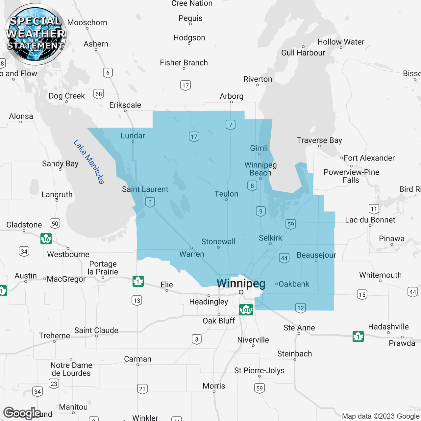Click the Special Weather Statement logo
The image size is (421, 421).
pyautogui.click(x=35, y=34)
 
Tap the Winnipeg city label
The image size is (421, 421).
pyautogui.click(x=241, y=283)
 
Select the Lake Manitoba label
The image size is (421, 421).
pyautogui.click(x=89, y=161)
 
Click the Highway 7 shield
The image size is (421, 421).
pyautogui.click(x=231, y=125)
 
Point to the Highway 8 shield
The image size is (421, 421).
pyautogui.click(x=252, y=186)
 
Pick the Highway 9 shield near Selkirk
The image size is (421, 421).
pyautogui.click(x=260, y=211)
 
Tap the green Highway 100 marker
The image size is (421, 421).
pyautogui.click(x=246, y=310)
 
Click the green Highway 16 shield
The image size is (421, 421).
pyautogui.click(x=46, y=238)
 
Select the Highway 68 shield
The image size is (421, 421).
pyautogui.click(x=99, y=94)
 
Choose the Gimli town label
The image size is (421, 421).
pyautogui.click(x=259, y=148)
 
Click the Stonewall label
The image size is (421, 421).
pyautogui.click(x=218, y=241)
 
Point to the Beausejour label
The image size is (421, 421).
pyautogui.click(x=316, y=255)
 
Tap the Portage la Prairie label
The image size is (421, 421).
pyautogui.click(x=103, y=268)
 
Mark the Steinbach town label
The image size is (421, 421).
pyautogui.click(x=294, y=354)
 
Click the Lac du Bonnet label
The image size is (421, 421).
pyautogui.click(x=370, y=220)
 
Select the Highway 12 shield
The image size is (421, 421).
pyautogui.click(x=300, y=308)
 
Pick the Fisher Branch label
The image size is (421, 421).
pyautogui.click(x=184, y=62)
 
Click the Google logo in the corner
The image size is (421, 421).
pyautogui.click(x=22, y=413)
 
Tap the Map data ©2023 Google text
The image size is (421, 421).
pyautogui.click(x=381, y=416)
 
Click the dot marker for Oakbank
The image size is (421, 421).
pyautogui.click(x=277, y=284)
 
